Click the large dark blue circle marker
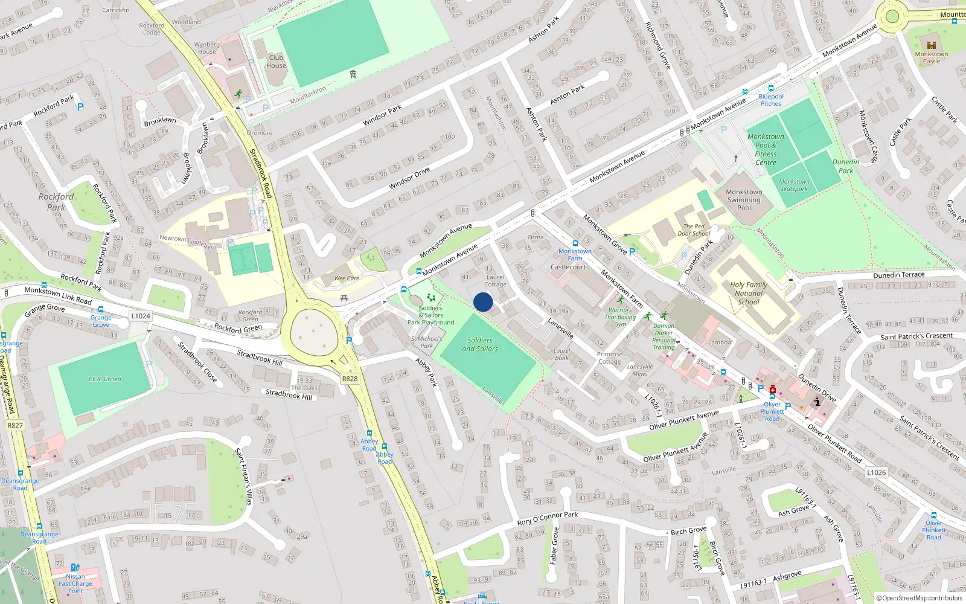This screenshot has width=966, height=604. click(x=483, y=302)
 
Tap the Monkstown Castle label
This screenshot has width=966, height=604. click(x=931, y=57)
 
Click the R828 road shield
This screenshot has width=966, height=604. click(x=350, y=379)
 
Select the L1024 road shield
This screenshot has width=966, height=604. click(x=140, y=316)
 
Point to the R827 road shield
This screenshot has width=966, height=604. click(x=15, y=425)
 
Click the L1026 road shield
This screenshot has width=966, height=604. click(x=876, y=472)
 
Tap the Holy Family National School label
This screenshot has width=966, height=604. click(x=749, y=293)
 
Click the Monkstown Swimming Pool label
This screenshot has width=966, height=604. click(x=744, y=200)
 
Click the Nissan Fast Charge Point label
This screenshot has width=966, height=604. click(x=75, y=583)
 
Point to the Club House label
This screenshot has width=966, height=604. click(x=276, y=62)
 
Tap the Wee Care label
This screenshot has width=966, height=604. click(x=347, y=278)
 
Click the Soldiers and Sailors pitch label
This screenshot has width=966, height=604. click(x=480, y=344)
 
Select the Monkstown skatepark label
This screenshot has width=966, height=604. click(x=794, y=185)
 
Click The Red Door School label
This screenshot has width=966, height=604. click(x=694, y=230)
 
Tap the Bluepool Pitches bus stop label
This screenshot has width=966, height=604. click(x=771, y=100)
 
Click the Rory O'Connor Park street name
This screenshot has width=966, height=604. click(x=548, y=518)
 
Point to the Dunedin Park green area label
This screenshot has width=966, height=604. click(x=846, y=166)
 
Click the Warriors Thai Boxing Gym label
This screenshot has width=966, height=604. click(x=620, y=316)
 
